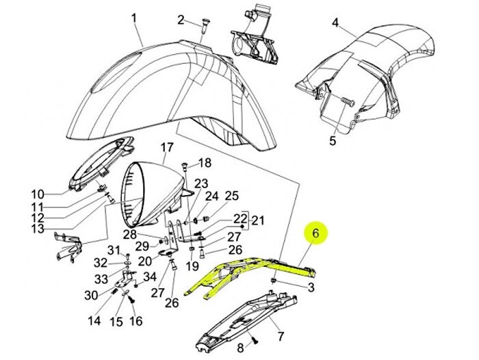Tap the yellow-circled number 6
point(315,233)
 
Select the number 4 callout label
point(335,23)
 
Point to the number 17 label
point(167,148)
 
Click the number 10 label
point(38,194)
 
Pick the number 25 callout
point(231,196)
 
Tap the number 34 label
point(150,277)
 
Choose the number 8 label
point(241,348)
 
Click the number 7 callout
point(281,337)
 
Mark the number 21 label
point(257,220)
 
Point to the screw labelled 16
point(132,300)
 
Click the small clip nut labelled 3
point(274,280)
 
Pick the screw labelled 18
point(185,167)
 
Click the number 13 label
point(38,229)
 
